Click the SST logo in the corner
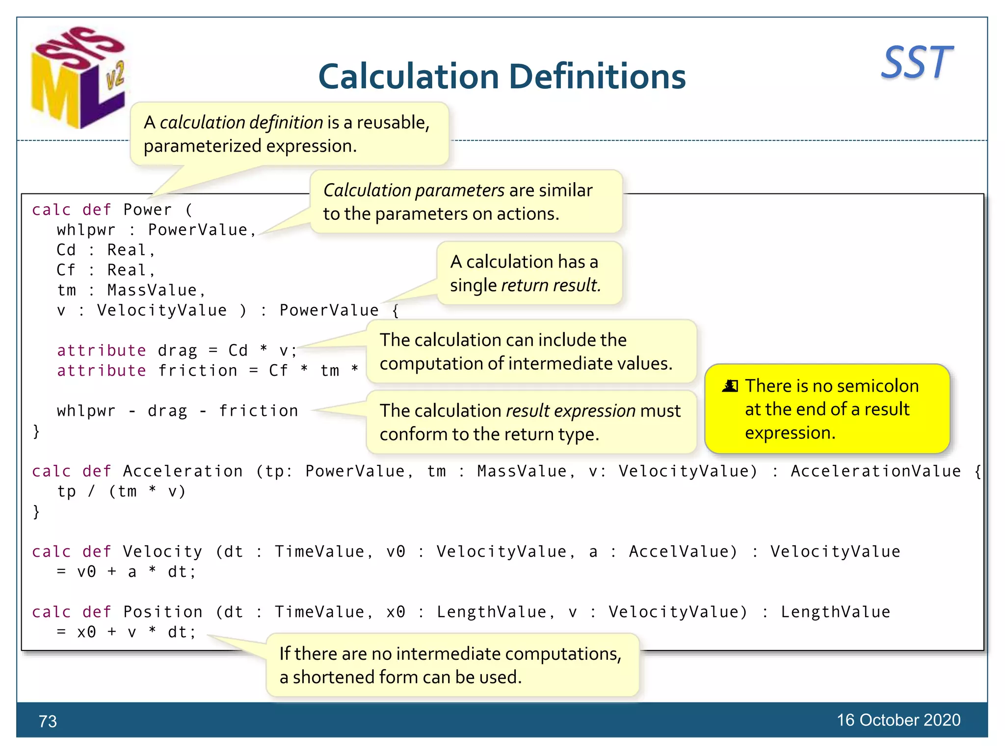917,62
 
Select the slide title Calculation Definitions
502,77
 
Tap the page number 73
48,721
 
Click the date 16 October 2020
898,720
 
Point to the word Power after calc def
147,210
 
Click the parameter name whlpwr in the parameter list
86,230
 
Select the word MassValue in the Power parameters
152,291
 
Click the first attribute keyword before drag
101,350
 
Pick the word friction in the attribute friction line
198,371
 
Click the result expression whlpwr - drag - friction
177,411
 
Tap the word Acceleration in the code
183,471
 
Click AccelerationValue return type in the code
875,471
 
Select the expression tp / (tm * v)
121,491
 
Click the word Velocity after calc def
162,552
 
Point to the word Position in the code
162,612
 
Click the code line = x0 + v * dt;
126,632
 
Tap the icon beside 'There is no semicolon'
730,386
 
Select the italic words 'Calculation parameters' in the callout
414,190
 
